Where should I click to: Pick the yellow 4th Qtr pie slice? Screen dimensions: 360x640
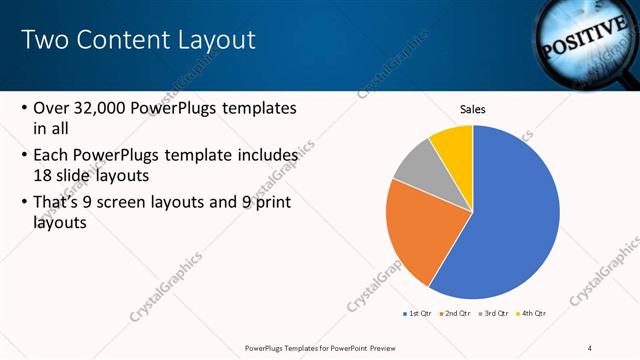point(453,142)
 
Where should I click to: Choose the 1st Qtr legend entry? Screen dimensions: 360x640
point(418,313)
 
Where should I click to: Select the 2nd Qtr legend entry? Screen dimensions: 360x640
point(457,313)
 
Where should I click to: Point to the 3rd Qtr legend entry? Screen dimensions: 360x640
point(495,313)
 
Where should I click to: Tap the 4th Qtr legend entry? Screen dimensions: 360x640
point(533,313)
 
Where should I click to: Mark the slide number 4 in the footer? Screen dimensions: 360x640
point(589,347)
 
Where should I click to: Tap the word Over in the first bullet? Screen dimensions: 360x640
point(52,108)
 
